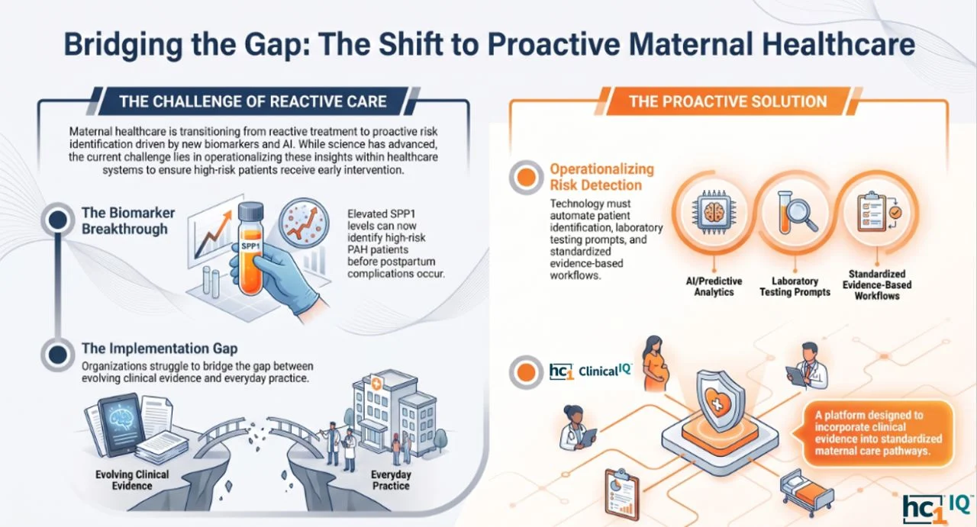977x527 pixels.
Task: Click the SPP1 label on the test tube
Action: pos(250,246)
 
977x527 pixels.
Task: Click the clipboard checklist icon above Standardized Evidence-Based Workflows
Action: pos(878,212)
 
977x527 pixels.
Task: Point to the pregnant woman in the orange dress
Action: pos(655,363)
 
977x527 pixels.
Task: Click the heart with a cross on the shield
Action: pos(717,403)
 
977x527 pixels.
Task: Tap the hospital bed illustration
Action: pos(806,492)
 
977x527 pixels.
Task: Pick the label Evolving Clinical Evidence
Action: pos(132,480)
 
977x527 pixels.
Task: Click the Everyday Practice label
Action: pos(391,480)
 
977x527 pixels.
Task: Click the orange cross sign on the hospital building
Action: pos(376,384)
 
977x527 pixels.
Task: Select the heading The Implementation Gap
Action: pos(160,349)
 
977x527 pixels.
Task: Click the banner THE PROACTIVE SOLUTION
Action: pos(727,101)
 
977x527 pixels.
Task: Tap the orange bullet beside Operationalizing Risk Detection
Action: pos(526,178)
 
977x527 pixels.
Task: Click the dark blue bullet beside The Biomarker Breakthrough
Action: pos(57,220)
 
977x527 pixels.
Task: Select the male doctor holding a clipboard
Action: pos(808,366)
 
